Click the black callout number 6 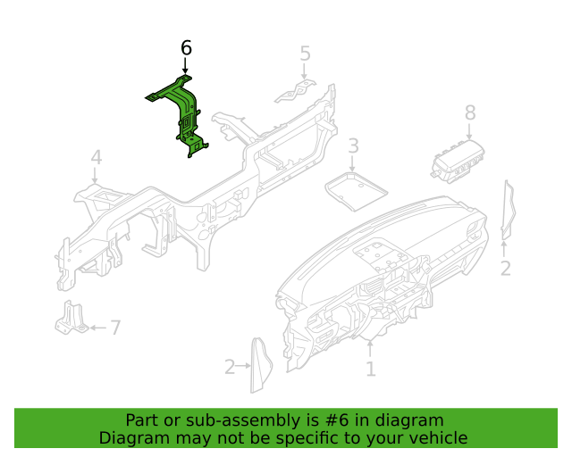coord(186,48)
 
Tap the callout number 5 coord(305,54)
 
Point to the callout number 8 coord(470,112)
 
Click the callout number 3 coord(353,145)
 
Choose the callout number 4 coord(96,157)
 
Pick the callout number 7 coord(115,328)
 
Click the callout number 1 coord(371,370)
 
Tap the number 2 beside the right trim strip coord(505,269)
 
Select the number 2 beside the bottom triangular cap coord(230,367)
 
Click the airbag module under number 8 coord(458,161)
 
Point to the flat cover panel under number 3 coord(356,191)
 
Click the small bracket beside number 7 coord(71,318)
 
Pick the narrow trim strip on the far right coord(508,211)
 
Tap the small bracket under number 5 coord(296,92)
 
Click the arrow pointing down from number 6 coord(185,66)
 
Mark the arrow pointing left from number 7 coord(98,328)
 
